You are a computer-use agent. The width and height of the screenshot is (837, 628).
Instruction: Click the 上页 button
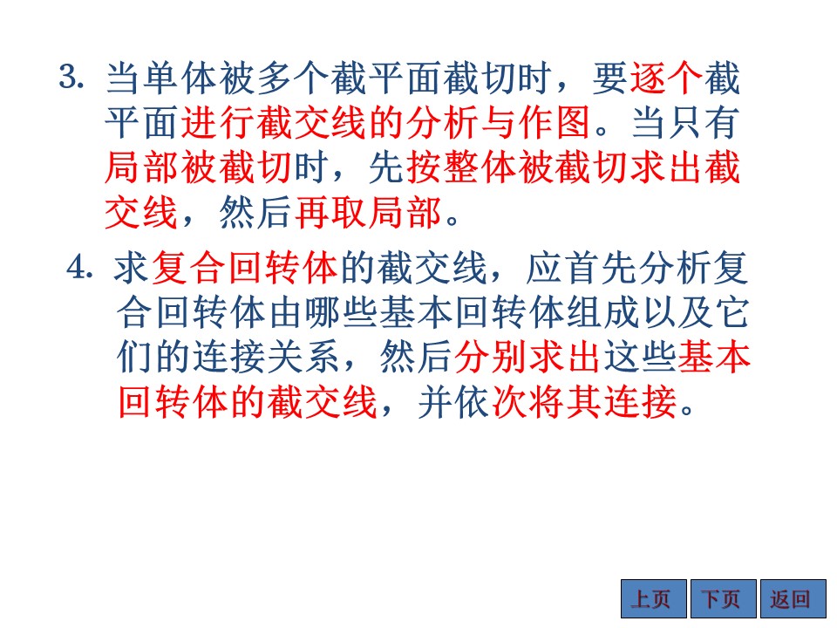pos(653,598)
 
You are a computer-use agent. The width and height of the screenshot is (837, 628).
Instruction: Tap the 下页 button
pos(724,598)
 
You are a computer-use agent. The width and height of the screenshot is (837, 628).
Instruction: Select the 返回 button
pos(793,598)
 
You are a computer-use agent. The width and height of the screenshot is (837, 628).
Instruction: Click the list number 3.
pos(71,78)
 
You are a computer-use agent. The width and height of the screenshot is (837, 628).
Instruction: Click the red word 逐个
pos(665,78)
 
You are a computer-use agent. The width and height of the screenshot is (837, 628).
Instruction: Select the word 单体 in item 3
pos(179,78)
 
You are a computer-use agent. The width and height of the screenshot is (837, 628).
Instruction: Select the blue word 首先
pos(599,268)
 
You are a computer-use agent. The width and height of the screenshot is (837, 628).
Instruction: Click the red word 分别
pos(490,357)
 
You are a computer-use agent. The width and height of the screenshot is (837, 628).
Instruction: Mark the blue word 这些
pos(639,357)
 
